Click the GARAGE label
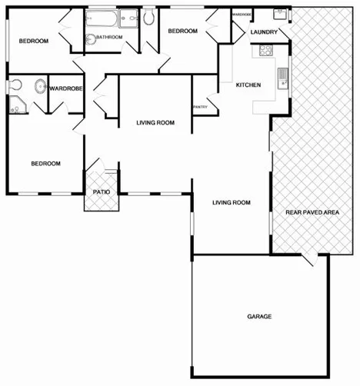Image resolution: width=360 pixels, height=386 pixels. click(x=259, y=316)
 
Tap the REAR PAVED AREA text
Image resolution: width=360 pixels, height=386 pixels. click(x=312, y=211)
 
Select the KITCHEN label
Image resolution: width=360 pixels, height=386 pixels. click(x=248, y=85)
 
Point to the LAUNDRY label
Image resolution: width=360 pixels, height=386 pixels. click(x=264, y=32)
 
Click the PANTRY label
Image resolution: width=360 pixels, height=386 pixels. click(x=200, y=106)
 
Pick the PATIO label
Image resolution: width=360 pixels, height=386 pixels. click(x=101, y=191)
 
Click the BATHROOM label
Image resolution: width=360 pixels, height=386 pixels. click(x=109, y=36)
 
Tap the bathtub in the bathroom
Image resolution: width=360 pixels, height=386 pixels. click(x=102, y=17)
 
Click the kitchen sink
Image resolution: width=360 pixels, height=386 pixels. click(x=282, y=78)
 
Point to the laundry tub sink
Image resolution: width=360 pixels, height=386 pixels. click(x=278, y=14)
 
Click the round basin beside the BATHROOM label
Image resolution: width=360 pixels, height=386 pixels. click(x=91, y=38)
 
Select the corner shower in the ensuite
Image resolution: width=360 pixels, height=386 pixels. click(x=15, y=107)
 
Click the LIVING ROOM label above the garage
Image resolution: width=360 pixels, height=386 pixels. click(x=232, y=203)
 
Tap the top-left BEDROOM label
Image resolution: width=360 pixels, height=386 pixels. click(x=34, y=41)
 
